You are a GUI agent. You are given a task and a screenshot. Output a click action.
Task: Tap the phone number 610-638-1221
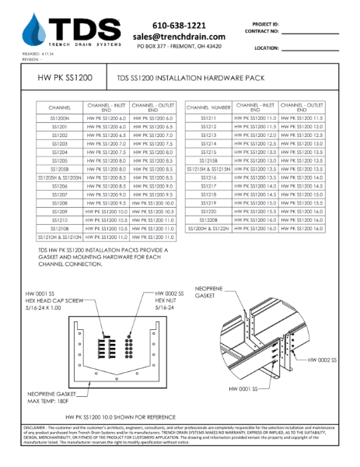180,25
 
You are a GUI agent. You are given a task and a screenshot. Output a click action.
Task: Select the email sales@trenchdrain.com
180,37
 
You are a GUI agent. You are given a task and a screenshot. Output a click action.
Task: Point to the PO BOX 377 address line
180,47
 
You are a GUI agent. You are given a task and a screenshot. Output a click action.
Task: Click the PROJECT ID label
268,23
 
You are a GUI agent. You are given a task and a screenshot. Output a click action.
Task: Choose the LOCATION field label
267,47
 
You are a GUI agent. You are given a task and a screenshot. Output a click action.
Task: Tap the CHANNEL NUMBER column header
208,107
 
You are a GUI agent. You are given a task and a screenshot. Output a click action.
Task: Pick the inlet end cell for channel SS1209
107,211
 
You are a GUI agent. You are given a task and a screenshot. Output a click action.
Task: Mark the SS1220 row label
208,211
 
